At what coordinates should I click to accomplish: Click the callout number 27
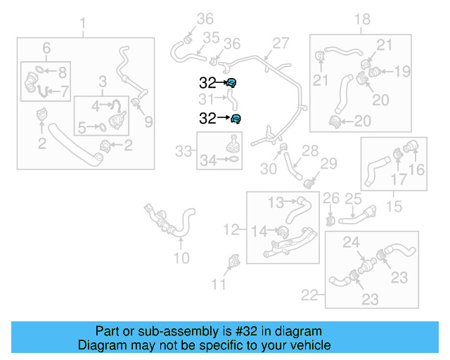281,44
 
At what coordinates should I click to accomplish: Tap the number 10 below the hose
181,258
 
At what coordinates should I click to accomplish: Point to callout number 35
211,37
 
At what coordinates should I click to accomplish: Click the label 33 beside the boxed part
183,150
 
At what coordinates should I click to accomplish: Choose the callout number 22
309,295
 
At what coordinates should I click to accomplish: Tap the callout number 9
148,122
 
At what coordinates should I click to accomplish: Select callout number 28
310,150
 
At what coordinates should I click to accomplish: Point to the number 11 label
219,284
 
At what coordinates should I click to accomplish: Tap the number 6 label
46,48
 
